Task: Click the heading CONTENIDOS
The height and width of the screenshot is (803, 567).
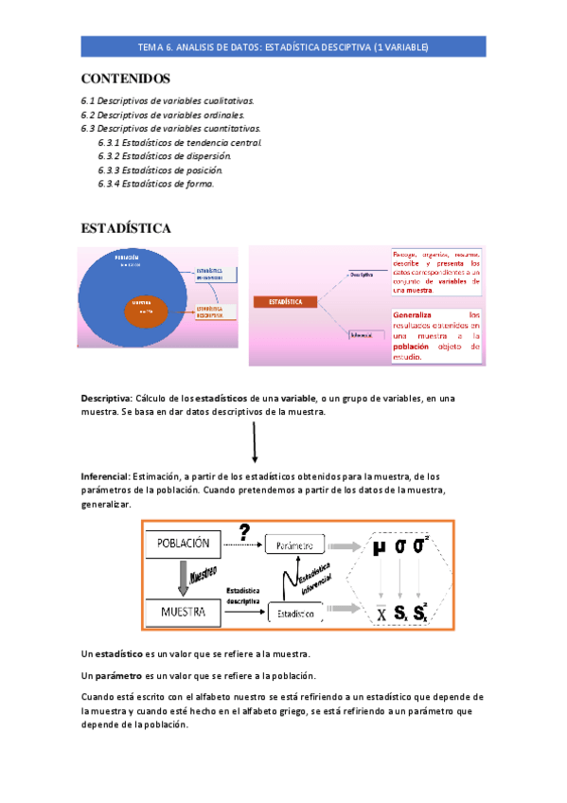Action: pos(126,78)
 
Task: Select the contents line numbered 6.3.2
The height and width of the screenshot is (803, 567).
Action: pos(164,155)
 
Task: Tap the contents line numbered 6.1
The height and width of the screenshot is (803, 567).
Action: pos(167,99)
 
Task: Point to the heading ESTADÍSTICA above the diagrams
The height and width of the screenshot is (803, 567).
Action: pos(126,228)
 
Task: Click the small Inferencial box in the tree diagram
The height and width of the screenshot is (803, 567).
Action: pos(361,333)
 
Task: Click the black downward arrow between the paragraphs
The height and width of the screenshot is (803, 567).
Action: pos(254,442)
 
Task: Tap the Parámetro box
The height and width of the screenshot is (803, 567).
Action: pos(294,546)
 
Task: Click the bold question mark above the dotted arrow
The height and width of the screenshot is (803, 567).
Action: pos(243,532)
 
